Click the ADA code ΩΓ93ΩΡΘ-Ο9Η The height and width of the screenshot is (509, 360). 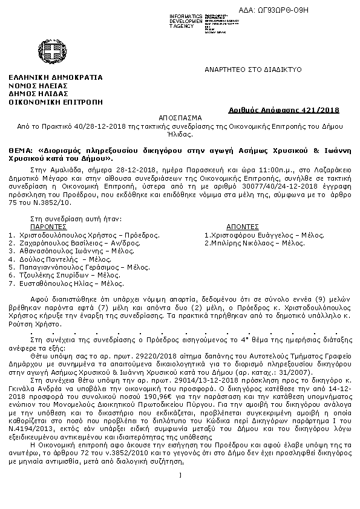(313, 10)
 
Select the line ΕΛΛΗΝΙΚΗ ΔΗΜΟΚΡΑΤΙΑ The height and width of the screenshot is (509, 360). (55, 77)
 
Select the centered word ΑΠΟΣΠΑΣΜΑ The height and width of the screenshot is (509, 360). (179, 118)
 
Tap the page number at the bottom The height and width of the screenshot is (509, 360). (180, 474)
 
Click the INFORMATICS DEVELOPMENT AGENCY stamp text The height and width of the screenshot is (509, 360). (186, 21)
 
